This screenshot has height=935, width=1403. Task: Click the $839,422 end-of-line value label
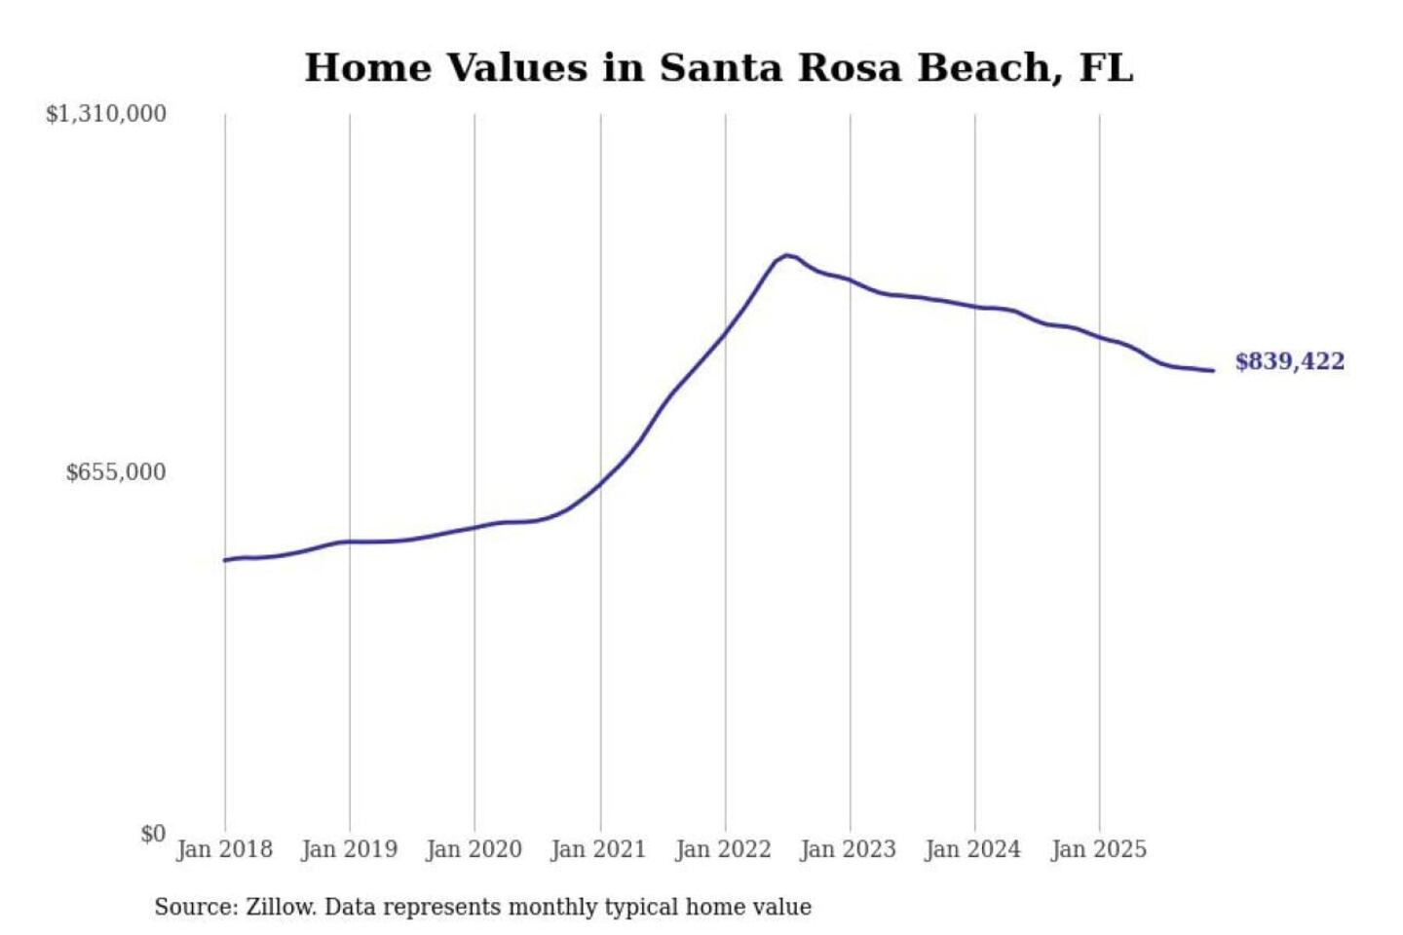click(1289, 361)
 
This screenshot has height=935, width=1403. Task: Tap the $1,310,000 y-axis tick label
click(106, 114)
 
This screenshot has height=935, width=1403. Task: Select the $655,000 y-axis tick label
click(116, 472)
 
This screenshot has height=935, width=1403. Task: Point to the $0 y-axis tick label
click(153, 834)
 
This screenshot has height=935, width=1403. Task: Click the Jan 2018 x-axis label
click(224, 849)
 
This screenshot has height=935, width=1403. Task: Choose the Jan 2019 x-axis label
click(349, 849)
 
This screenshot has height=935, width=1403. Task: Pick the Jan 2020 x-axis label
click(474, 849)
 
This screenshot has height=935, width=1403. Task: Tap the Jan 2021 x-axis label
click(598, 849)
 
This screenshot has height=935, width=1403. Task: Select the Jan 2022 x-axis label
click(723, 849)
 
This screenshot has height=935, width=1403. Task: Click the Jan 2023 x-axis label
click(848, 849)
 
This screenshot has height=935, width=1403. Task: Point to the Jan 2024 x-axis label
click(972, 849)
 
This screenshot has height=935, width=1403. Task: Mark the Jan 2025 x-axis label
click(1098, 849)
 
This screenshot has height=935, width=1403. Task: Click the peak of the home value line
click(786, 255)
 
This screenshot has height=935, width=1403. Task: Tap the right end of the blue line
click(1213, 370)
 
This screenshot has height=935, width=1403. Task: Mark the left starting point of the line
click(225, 560)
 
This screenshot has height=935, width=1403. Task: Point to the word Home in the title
click(368, 68)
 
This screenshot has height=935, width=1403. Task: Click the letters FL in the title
click(1106, 68)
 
